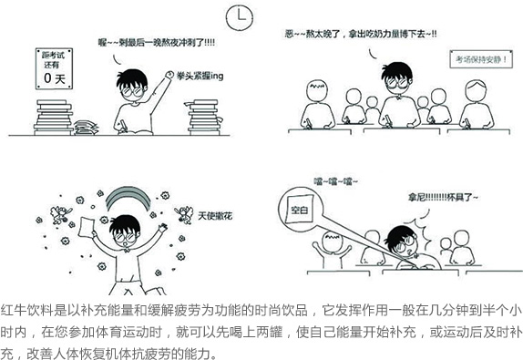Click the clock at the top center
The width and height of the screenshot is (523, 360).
point(239,16)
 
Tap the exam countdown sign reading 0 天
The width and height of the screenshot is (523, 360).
point(54,68)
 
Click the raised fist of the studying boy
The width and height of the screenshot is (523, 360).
point(169,75)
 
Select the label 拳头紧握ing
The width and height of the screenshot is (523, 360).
point(200,76)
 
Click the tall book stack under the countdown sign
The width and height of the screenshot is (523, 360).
point(54,117)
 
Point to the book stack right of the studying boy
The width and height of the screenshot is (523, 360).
point(203,118)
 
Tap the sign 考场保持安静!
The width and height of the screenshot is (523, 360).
point(481,59)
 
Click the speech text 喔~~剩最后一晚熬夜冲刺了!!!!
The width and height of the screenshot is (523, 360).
point(157,43)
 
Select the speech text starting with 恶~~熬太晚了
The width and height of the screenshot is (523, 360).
point(361,34)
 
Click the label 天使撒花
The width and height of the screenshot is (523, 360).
point(215,216)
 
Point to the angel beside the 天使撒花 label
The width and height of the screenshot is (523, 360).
point(184,214)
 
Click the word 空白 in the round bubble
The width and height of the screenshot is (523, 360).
point(299,211)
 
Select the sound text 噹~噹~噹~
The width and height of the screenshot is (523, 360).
point(335,181)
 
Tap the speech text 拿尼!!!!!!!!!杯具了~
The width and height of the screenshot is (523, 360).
point(443,198)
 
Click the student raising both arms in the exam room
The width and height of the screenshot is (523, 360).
point(332,251)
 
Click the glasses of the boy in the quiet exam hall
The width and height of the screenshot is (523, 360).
point(397,84)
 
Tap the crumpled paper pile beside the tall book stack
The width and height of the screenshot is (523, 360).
point(86,128)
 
